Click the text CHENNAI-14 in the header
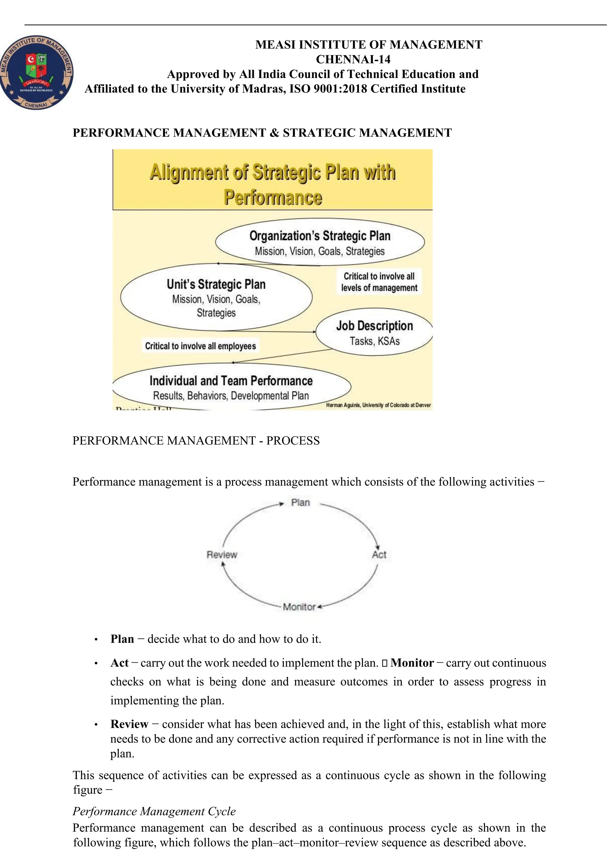tap(353, 59)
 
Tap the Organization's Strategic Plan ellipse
tap(320, 242)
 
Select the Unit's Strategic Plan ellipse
tap(216, 297)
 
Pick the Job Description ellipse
tap(374, 332)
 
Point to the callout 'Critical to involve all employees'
tap(200, 346)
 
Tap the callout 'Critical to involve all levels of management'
tap(379, 282)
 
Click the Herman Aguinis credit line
tap(378, 405)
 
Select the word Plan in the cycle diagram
tap(300, 503)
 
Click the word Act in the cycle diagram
tap(379, 555)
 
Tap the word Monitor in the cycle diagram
tap(299, 607)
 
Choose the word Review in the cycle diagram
tap(222, 555)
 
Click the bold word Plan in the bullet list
tap(122, 639)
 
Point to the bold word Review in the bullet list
tap(129, 724)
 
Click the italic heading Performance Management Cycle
tap(154, 811)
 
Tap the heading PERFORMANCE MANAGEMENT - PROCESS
tap(196, 441)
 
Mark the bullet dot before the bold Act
tap(96, 664)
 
